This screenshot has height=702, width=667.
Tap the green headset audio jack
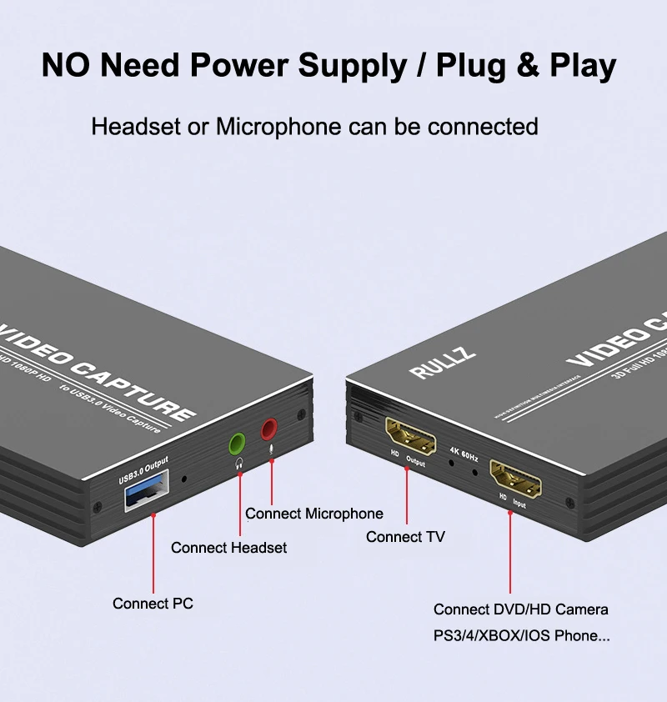pyautogui.click(x=237, y=443)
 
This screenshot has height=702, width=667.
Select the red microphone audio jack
pyautogui.click(x=268, y=430)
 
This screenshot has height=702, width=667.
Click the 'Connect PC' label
pyautogui.click(x=153, y=603)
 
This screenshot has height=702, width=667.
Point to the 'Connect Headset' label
pyautogui.click(x=228, y=548)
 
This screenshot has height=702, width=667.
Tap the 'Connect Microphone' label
pyautogui.click(x=314, y=514)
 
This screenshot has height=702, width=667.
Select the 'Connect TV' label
pyautogui.click(x=405, y=537)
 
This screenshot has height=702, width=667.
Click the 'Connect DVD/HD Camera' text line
pyautogui.click(x=520, y=609)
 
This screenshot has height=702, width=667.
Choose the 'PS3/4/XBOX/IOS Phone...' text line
pyautogui.click(x=521, y=635)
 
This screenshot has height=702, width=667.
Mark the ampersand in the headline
pyautogui.click(x=528, y=66)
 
